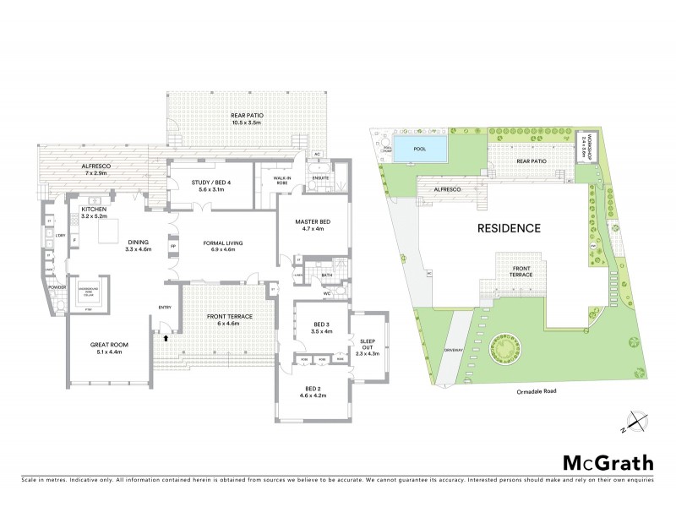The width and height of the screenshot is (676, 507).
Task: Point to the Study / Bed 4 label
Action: [212, 185]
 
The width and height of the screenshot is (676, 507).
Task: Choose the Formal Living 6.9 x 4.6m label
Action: [223, 247]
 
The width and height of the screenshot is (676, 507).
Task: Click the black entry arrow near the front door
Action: [166, 337]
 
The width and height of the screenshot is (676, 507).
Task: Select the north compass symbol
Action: [636, 420]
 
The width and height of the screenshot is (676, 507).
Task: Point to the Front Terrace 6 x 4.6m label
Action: [230, 319]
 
